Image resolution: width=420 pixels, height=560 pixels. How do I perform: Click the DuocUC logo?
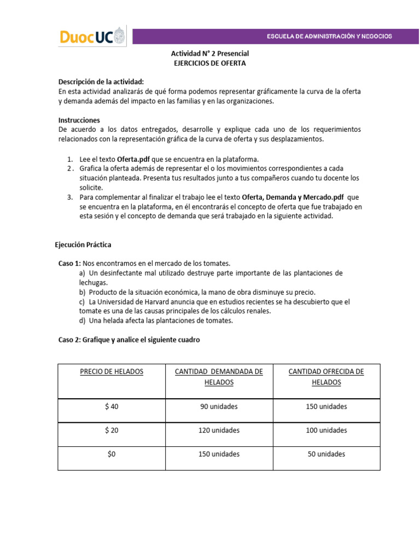point(92,37)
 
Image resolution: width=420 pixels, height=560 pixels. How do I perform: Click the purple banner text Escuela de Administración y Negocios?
point(329,37)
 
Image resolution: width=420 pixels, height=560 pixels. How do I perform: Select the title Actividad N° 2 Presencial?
point(210,54)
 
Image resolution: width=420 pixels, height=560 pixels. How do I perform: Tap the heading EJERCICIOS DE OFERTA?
point(210,63)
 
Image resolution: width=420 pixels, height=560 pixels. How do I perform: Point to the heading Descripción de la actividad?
point(101,81)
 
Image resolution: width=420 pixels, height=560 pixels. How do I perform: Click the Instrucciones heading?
point(79,120)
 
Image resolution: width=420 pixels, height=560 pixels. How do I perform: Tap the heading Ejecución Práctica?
point(83,244)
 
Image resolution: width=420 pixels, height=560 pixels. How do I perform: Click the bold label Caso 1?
point(69,264)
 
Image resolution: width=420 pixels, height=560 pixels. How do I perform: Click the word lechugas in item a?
point(93,283)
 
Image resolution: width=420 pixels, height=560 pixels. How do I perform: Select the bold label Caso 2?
point(69,340)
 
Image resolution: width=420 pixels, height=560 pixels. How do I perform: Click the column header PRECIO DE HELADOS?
point(112,371)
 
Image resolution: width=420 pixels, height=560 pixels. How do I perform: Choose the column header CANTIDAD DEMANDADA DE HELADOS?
point(219,377)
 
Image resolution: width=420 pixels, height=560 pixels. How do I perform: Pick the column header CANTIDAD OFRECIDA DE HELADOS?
point(326,377)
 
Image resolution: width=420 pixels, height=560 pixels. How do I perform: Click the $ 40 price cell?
point(112,406)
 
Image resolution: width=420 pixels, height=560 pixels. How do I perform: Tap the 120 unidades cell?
point(219,430)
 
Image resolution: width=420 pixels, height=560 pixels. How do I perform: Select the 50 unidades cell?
point(326,454)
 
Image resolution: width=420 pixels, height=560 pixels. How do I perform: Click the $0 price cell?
point(112,454)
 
